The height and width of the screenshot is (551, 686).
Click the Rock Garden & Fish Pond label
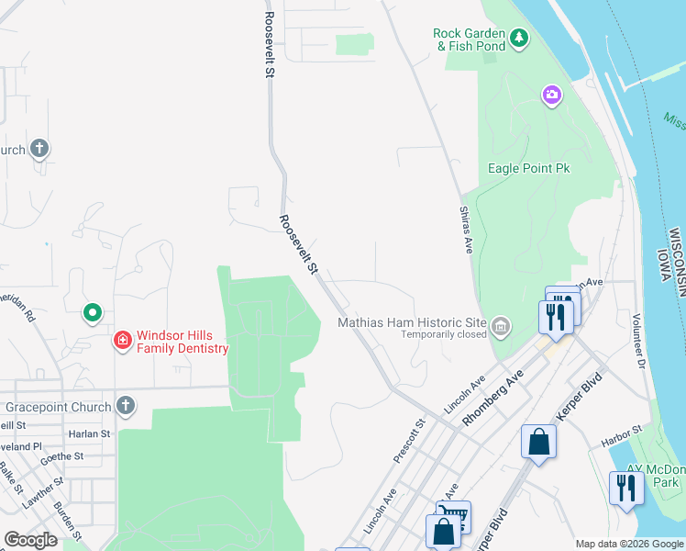coord(469,39)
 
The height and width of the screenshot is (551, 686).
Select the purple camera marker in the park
coord(551,95)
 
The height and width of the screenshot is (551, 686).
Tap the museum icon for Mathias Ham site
coord(501,326)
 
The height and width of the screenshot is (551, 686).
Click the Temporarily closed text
coord(443,335)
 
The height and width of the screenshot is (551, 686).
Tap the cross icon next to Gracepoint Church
coord(126,406)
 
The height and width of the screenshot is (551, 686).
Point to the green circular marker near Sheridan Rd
coord(92,314)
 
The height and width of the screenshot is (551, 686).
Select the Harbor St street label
coord(619,440)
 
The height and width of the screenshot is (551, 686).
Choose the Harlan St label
coord(88,433)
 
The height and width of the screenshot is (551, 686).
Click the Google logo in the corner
coord(30,540)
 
